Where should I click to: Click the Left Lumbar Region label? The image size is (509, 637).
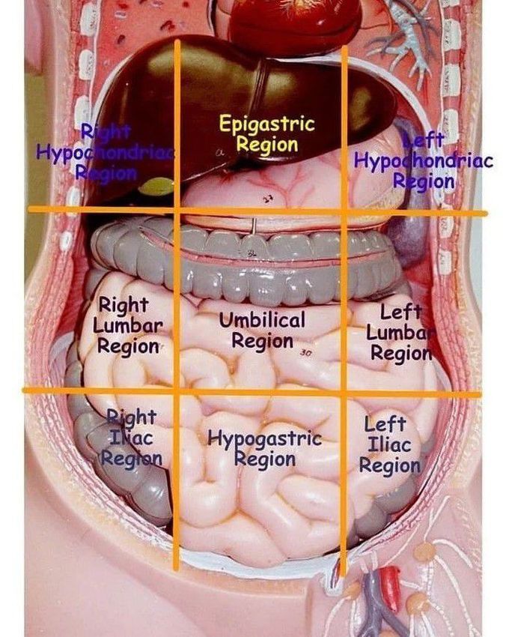[x=400, y=332]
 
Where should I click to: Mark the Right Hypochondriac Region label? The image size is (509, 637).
[x=105, y=153]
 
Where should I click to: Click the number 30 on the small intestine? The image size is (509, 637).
[x=305, y=352]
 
